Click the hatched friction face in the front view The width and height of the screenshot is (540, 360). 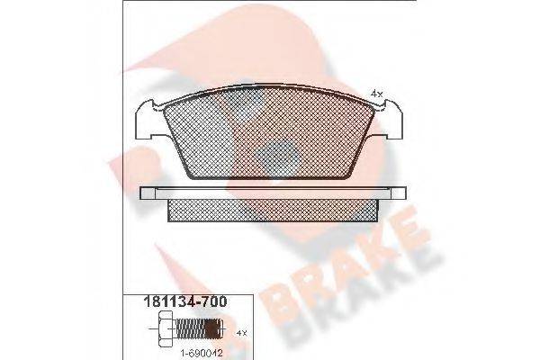click(x=270, y=135)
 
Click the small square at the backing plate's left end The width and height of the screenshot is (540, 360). click(x=149, y=193)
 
